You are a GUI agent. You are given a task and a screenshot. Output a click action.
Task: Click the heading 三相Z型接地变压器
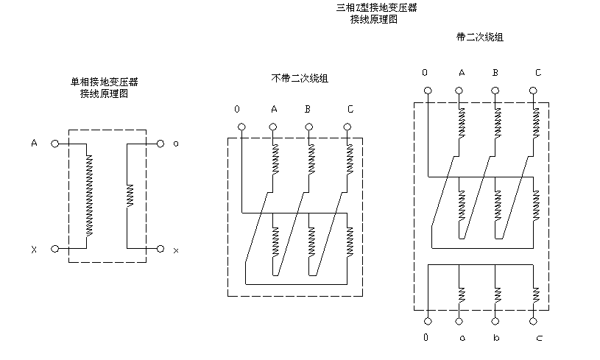click(x=376, y=8)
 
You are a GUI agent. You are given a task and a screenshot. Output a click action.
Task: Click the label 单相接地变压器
click(x=104, y=82)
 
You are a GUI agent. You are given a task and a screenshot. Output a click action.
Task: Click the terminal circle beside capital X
click(x=54, y=249)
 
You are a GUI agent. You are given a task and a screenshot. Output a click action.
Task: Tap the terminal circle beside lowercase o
click(x=160, y=144)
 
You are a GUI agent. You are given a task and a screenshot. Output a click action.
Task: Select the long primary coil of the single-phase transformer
click(x=89, y=195)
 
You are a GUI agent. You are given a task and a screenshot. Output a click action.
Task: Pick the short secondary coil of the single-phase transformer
click(x=130, y=195)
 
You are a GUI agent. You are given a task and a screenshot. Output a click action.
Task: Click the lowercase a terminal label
click(x=462, y=338)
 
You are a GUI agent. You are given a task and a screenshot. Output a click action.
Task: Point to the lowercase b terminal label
click(x=497, y=338)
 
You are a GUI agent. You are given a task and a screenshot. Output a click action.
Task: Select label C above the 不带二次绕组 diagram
click(x=350, y=110)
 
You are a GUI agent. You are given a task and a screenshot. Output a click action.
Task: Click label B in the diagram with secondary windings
click(x=495, y=73)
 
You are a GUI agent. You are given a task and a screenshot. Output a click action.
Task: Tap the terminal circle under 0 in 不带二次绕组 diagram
click(x=241, y=127)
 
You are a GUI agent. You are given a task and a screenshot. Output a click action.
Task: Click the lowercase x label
click(x=176, y=251)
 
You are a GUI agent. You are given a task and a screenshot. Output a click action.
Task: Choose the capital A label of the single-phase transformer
click(x=34, y=143)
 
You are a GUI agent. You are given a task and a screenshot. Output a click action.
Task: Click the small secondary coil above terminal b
click(x=497, y=294)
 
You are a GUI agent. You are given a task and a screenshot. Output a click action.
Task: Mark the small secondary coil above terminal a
click(x=461, y=294)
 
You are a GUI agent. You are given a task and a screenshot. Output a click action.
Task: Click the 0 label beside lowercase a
click(x=426, y=338)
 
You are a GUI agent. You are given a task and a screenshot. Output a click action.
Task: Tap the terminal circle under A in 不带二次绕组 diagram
click(x=273, y=127)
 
